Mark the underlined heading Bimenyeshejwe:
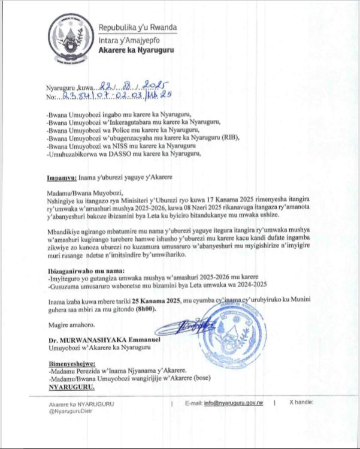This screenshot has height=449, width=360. tap(72, 364)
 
